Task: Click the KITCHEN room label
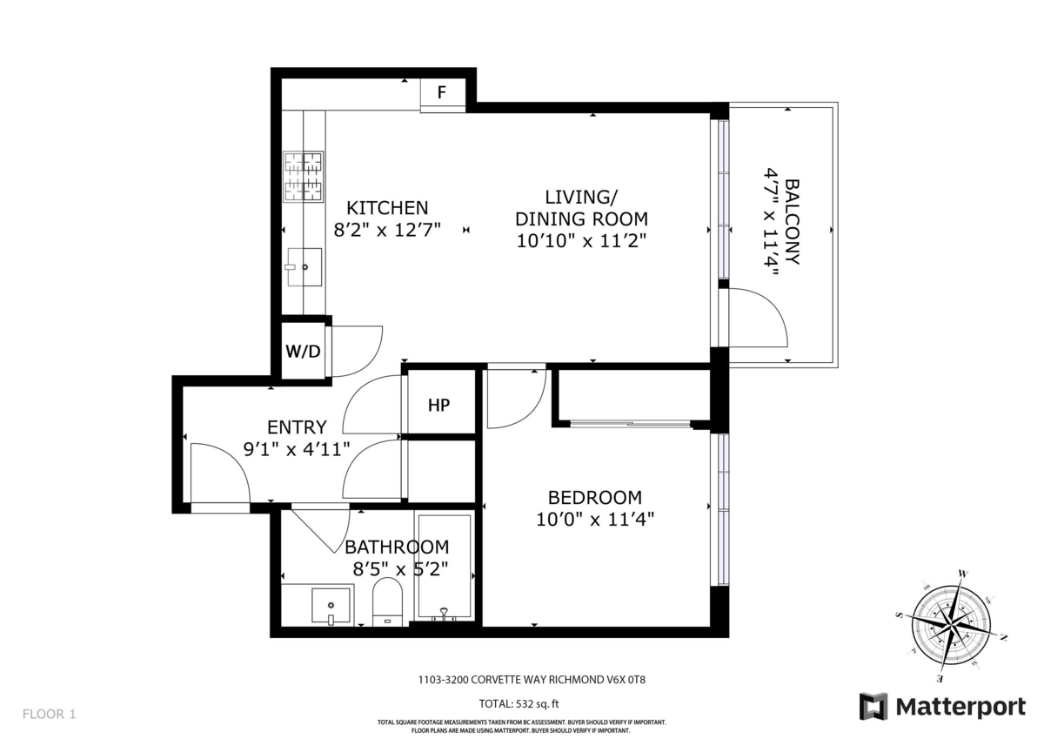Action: [387, 207]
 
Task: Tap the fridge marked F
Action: [443, 95]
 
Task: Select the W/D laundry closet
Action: [304, 351]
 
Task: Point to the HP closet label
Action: [439, 405]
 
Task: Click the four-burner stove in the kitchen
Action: [304, 177]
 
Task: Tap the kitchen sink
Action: [304, 266]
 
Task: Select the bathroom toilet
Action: [387, 601]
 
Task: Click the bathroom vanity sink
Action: [331, 605]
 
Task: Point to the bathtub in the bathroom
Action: [445, 567]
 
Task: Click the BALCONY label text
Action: [793, 222]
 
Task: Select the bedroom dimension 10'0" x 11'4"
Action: [595, 519]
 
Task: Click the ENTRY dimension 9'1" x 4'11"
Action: [297, 449]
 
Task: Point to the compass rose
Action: [951, 626]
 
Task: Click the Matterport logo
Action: [942, 708]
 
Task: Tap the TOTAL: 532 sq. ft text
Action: [519, 703]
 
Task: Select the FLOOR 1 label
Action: [49, 714]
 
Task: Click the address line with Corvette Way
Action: [532, 679]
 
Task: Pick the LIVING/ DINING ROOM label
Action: [581, 218]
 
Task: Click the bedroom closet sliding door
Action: [630, 423]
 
